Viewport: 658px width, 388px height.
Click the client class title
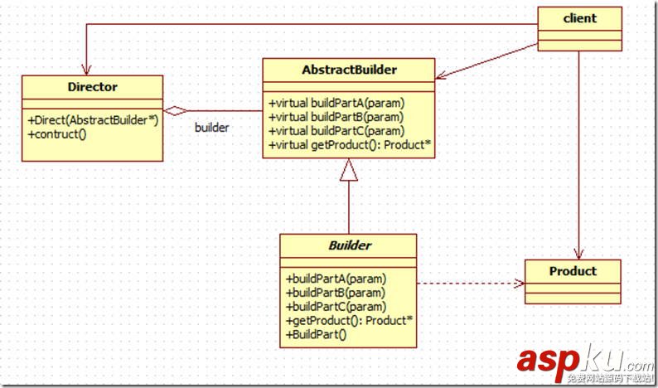point(580,17)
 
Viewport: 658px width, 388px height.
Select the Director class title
point(92,85)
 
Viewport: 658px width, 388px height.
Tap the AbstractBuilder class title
point(348,70)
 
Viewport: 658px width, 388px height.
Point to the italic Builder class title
point(348,246)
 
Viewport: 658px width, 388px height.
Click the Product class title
point(573,271)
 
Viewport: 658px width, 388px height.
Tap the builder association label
point(211,128)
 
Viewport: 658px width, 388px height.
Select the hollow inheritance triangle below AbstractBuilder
point(349,172)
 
